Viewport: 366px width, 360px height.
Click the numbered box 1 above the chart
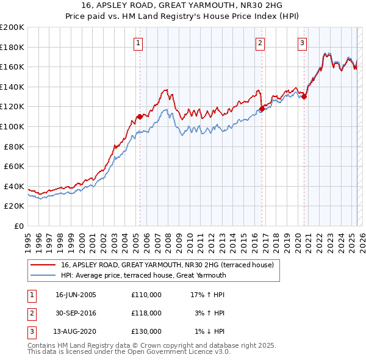coord(139,43)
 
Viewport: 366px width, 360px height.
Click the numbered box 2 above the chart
coord(260,43)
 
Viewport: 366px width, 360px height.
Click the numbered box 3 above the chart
coord(302,43)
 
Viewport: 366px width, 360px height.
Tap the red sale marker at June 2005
coord(140,117)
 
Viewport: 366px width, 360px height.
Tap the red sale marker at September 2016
coord(262,109)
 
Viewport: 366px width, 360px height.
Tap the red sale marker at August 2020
coord(304,96)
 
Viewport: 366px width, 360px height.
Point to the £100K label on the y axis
coord(13,126)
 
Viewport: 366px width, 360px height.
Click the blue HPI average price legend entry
coord(143,275)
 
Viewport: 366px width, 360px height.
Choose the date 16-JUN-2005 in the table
coord(76,295)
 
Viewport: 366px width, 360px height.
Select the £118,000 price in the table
coord(146,313)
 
